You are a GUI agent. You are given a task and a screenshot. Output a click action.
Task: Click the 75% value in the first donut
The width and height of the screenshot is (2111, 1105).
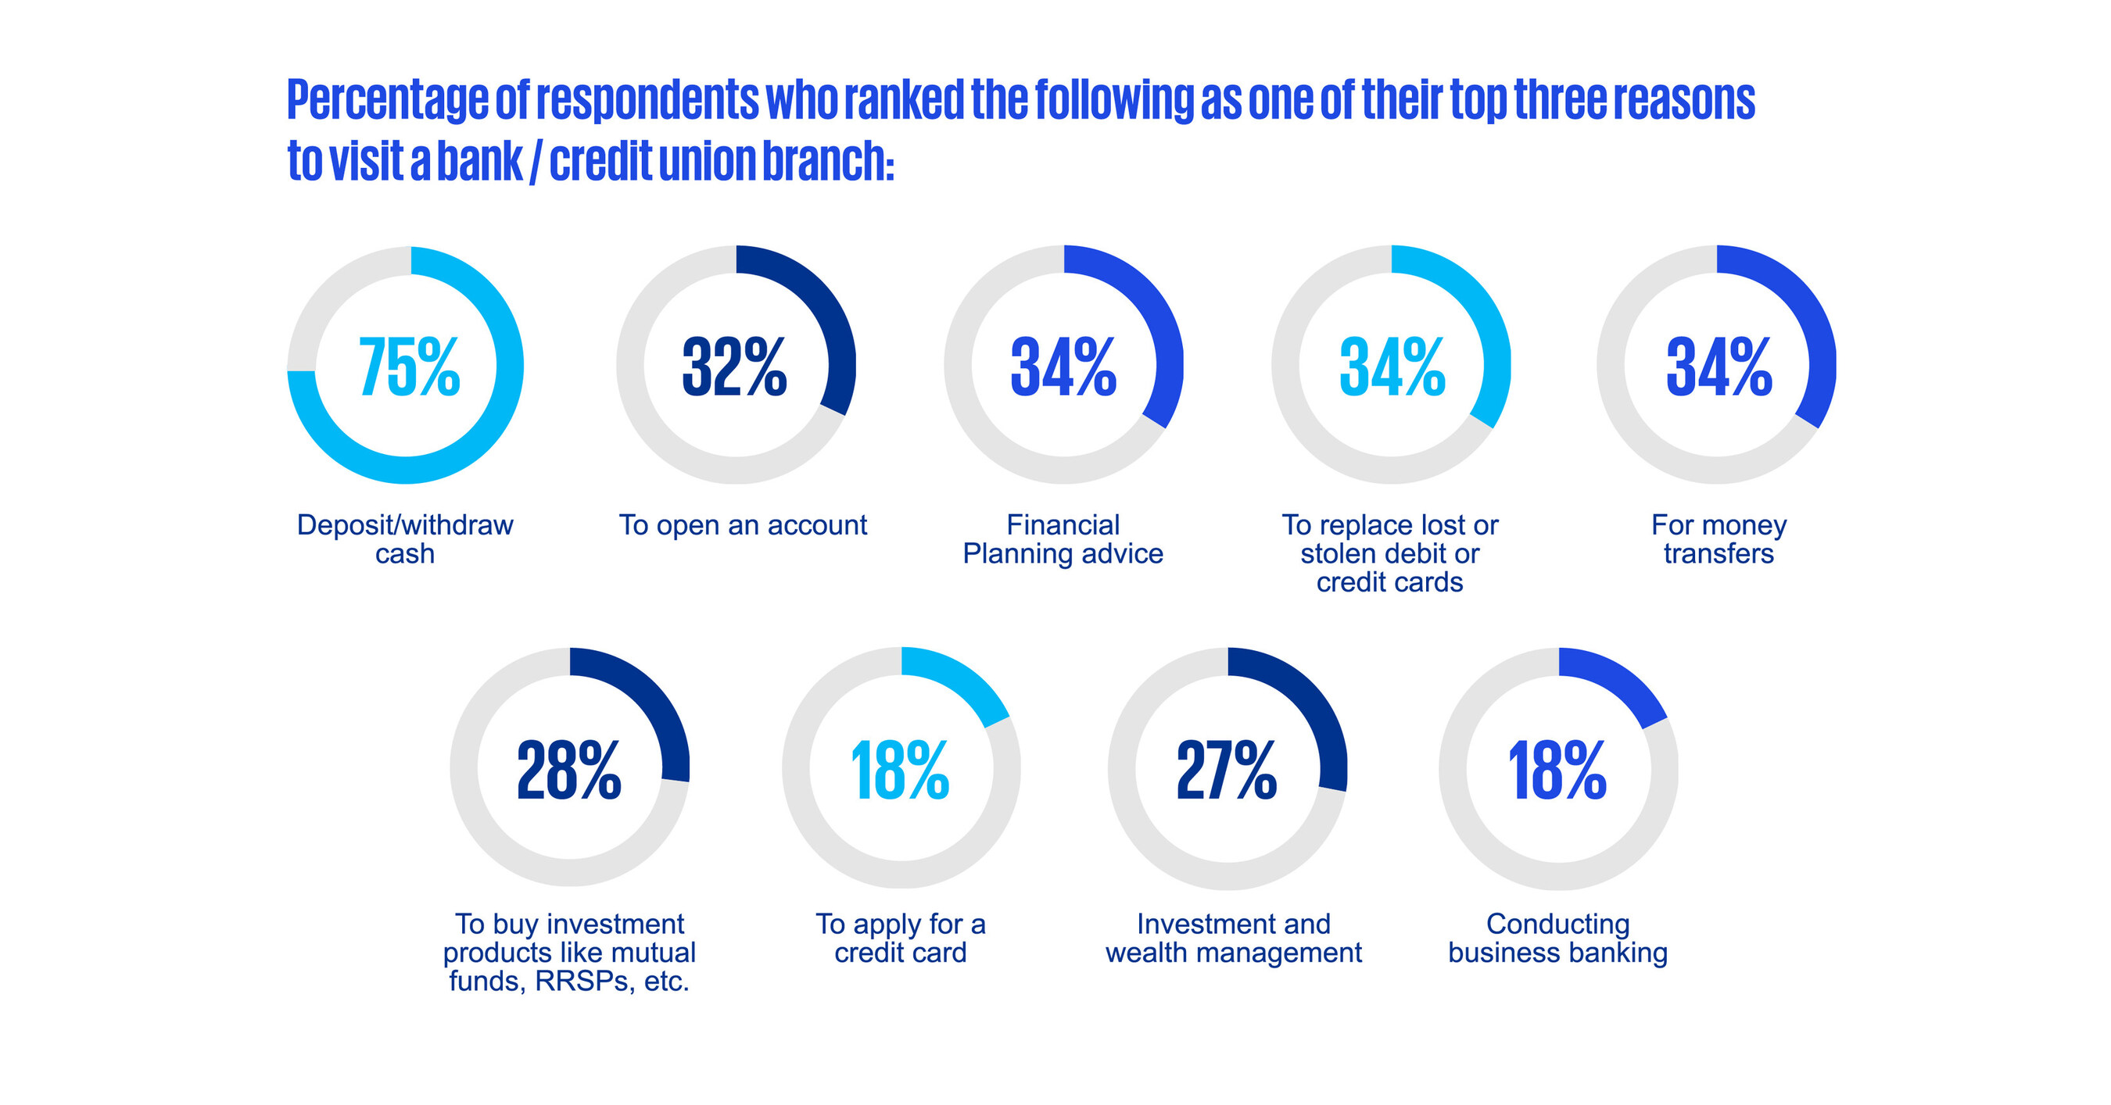(409, 367)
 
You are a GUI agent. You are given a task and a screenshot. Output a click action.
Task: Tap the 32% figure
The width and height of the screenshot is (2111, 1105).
(734, 367)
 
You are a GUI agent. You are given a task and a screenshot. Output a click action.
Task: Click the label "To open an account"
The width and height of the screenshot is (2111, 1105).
(743, 525)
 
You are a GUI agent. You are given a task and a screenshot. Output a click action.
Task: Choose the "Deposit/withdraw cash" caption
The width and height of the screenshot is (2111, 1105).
(405, 539)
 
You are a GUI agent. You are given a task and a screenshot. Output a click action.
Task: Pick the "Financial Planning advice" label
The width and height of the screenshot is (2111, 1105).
(1063, 539)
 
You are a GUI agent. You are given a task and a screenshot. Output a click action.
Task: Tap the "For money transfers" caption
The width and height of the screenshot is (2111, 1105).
(1719, 539)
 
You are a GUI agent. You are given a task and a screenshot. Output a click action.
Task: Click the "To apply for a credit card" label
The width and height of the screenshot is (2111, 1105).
(901, 938)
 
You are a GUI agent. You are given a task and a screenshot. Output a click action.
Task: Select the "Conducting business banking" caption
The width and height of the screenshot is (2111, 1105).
(1558, 938)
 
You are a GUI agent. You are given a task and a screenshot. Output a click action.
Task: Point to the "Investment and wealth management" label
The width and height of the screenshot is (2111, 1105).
(1233, 938)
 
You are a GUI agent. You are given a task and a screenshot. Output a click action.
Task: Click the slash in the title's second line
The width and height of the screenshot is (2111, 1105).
(535, 161)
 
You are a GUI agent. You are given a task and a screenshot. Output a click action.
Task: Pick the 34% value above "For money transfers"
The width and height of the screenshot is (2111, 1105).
(1719, 367)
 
